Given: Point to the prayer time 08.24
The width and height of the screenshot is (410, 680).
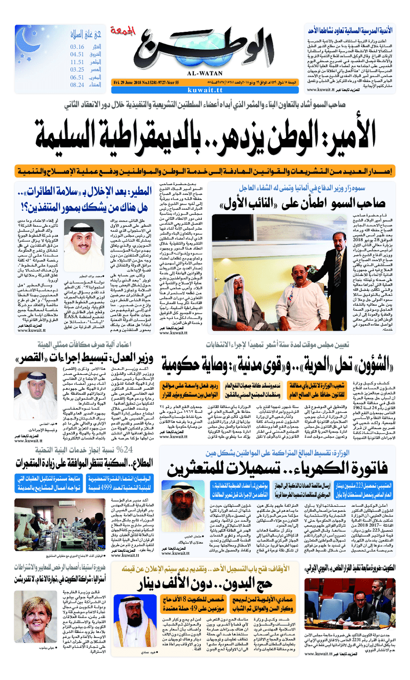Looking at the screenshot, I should (x=77, y=85).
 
